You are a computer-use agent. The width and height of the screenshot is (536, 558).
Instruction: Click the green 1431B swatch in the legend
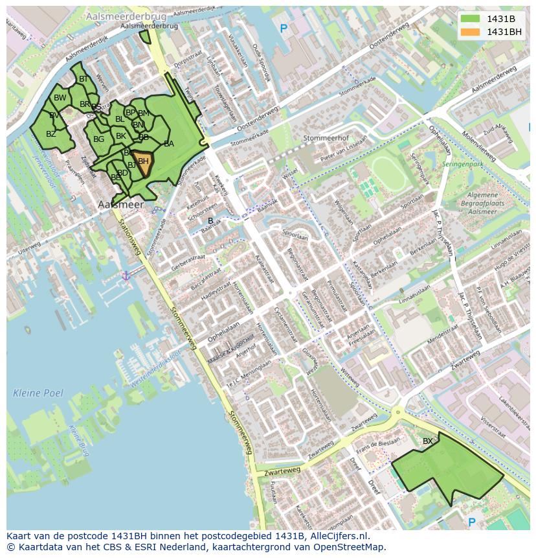tap(471, 19)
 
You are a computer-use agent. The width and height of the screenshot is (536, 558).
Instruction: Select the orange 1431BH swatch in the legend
tap(471, 32)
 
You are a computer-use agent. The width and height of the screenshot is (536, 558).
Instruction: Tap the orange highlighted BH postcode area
tap(143, 163)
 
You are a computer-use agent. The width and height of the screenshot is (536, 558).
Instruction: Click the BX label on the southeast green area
tap(428, 441)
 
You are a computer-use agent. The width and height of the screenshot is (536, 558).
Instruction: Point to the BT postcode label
tap(83, 79)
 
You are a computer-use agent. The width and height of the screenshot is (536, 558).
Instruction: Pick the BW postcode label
tap(60, 98)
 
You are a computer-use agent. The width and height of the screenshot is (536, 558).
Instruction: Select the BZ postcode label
tap(50, 134)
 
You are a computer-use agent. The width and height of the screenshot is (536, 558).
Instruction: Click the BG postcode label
tap(98, 139)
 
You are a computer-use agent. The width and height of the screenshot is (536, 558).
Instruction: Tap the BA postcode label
tap(169, 144)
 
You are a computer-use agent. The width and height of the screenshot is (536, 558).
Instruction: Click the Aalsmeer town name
tap(120, 204)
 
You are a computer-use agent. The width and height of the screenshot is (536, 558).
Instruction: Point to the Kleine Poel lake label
tap(38, 393)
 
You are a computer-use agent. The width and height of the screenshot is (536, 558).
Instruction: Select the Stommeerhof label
tap(326, 138)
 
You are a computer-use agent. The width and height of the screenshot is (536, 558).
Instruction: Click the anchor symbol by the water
tap(126, 275)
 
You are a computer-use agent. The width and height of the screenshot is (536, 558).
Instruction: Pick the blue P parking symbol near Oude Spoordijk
tap(283, 29)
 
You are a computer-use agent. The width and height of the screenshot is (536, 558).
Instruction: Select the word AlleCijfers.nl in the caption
tap(337, 536)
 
